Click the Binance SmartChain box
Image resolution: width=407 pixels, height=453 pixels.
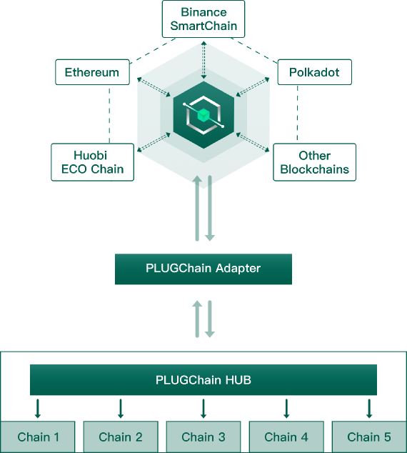pos(203,19)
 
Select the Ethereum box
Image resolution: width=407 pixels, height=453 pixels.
pos(92,72)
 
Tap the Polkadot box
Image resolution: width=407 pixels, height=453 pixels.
pos(315,72)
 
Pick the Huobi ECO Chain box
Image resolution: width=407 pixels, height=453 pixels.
pos(92,162)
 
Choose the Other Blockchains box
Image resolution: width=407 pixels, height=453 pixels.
pos(315,162)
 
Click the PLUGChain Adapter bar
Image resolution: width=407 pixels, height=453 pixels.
pos(203,269)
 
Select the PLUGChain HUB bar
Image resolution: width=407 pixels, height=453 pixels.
pos(203,379)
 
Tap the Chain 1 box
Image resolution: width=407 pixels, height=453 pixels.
pos(38,437)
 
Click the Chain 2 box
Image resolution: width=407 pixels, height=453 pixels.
pos(121,437)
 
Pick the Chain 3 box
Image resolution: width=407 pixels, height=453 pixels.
pos(203,437)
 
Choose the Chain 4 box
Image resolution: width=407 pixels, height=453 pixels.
pos(286,437)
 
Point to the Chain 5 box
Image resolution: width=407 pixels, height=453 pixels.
pos(369,437)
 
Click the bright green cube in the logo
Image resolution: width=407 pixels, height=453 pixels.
pos(203,115)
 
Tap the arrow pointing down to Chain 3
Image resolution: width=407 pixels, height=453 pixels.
pos(203,409)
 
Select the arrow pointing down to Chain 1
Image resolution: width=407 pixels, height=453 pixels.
pos(38,409)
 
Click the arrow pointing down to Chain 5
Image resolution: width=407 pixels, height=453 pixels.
pos(369,409)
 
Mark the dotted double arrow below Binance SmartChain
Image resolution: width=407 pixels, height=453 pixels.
pos(203,60)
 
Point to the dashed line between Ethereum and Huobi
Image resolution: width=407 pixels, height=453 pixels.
pos(109,116)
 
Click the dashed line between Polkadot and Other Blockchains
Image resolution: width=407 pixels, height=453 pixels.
pos(297,113)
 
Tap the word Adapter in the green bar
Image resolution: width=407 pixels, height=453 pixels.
pos(238,269)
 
